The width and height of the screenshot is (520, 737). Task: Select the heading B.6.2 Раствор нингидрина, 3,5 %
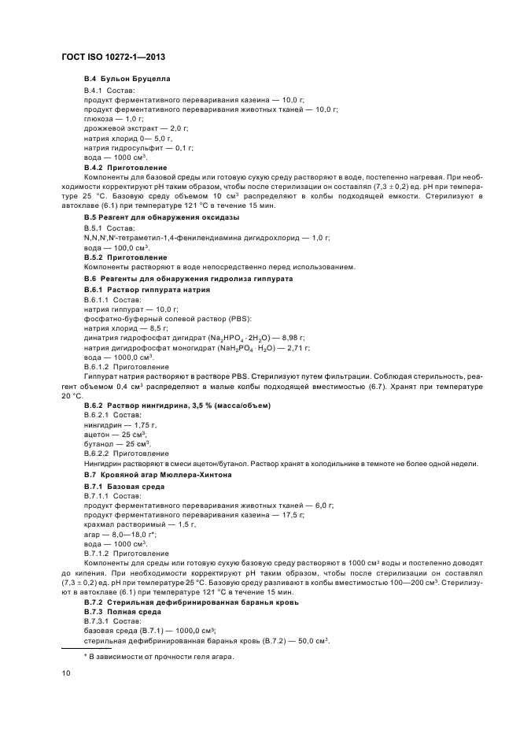coord(177,406)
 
